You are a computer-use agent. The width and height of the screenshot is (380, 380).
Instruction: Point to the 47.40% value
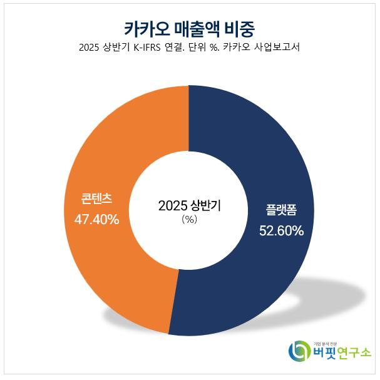[97, 220]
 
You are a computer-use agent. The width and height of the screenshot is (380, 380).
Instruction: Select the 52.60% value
[282, 230]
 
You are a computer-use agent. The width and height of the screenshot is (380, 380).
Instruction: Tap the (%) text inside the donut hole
[189, 220]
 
